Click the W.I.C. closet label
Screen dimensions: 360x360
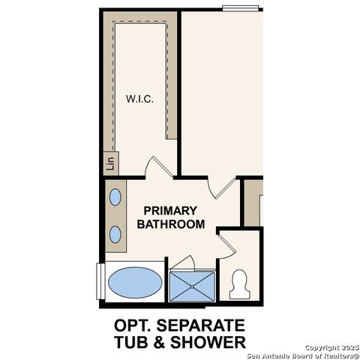(141, 99)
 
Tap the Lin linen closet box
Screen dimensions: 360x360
(109, 162)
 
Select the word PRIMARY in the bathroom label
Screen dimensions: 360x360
(169, 211)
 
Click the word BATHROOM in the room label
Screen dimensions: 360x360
(169, 223)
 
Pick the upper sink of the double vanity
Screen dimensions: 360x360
(115, 198)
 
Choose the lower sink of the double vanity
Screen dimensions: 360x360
(115, 233)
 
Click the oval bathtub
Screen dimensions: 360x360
(134, 283)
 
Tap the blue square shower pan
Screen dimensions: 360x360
(193, 285)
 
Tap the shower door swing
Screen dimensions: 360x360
(184, 262)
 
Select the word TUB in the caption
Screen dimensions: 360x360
(132, 343)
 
